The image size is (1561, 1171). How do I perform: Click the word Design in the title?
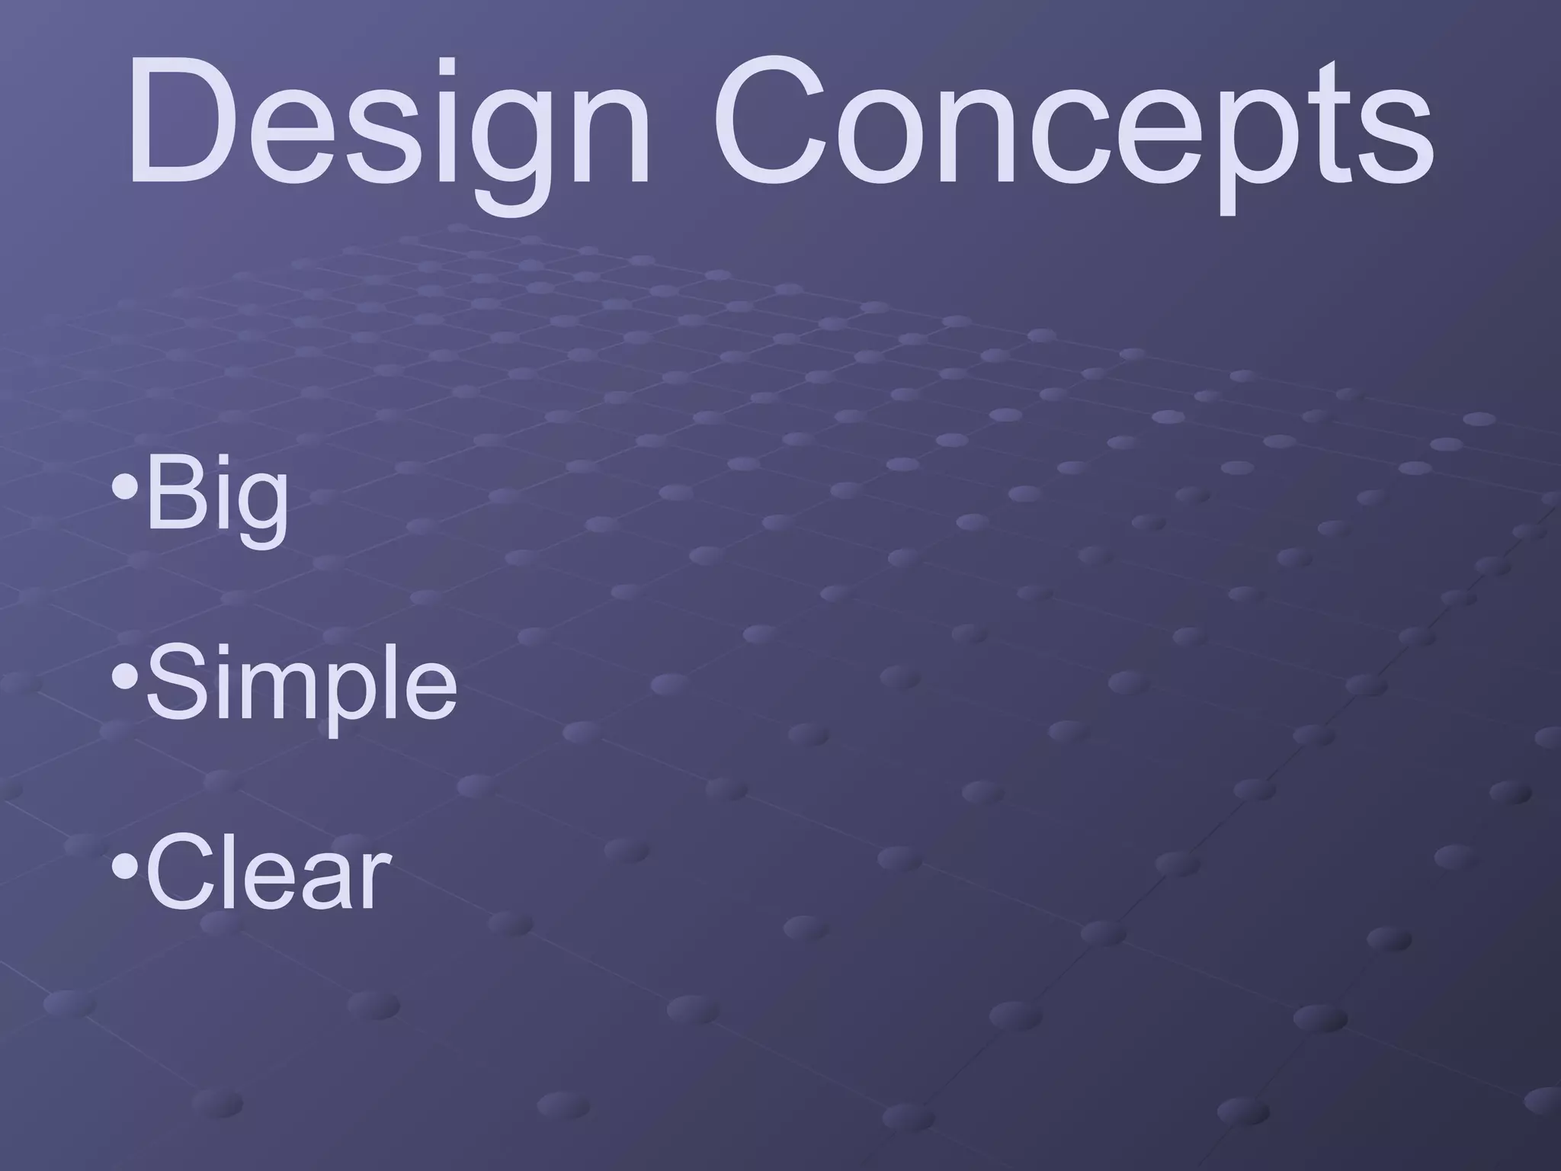pyautogui.click(x=389, y=126)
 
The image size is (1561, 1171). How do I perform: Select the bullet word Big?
pyautogui.click(x=217, y=499)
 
